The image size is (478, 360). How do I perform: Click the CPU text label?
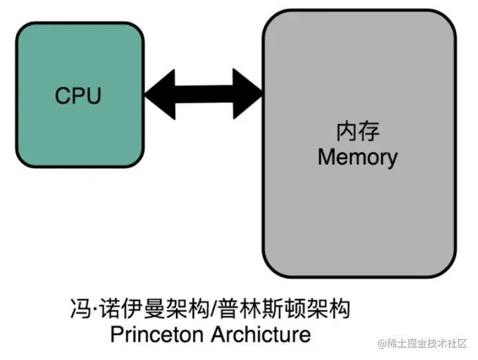[x=78, y=96]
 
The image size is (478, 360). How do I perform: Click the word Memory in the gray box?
[x=357, y=157]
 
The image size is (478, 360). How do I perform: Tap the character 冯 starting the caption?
[x=78, y=310]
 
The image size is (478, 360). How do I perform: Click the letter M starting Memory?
[x=326, y=157]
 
